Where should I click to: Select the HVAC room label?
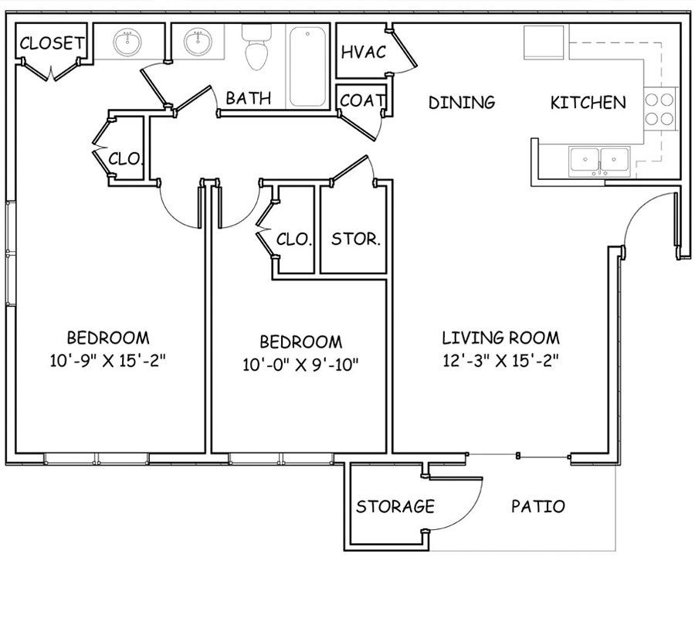[x=364, y=53]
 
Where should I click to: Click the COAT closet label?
[x=362, y=100]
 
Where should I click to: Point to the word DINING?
[x=461, y=102]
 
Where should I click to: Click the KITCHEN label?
[x=588, y=102]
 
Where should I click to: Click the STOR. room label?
[x=355, y=239]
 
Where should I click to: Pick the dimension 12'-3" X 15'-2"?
[x=500, y=359]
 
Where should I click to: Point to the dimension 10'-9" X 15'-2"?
[x=107, y=359]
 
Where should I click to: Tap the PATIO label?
[x=537, y=507]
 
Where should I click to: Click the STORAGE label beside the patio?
[x=395, y=507]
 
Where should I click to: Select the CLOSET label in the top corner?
[x=51, y=44]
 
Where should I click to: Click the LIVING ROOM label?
[x=500, y=338]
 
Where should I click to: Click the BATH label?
[x=248, y=98]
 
